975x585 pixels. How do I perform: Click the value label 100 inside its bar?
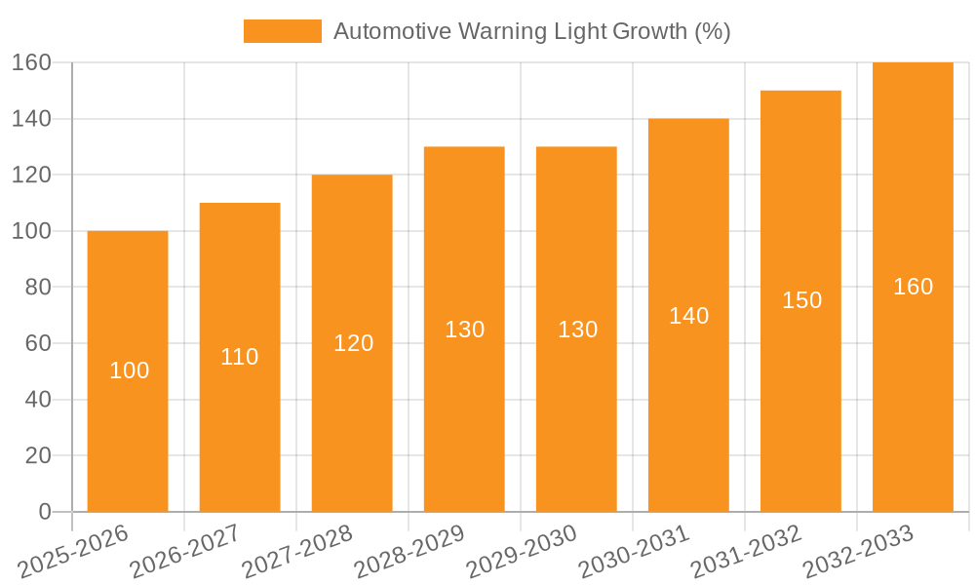coord(130,370)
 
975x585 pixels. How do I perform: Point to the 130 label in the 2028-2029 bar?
coord(465,330)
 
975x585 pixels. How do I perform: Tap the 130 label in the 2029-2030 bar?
coord(577,330)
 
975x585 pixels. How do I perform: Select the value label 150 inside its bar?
coord(801,300)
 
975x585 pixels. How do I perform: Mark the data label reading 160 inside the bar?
coord(914,287)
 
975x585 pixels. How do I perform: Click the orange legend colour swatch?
coord(282,31)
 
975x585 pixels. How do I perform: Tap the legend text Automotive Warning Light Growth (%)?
coord(532,31)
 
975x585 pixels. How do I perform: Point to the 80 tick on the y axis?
coord(37,288)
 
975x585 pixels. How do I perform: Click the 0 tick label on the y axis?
coord(44,512)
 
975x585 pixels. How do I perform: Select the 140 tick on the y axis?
coord(31,119)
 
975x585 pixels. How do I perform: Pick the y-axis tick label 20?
coord(37,455)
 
